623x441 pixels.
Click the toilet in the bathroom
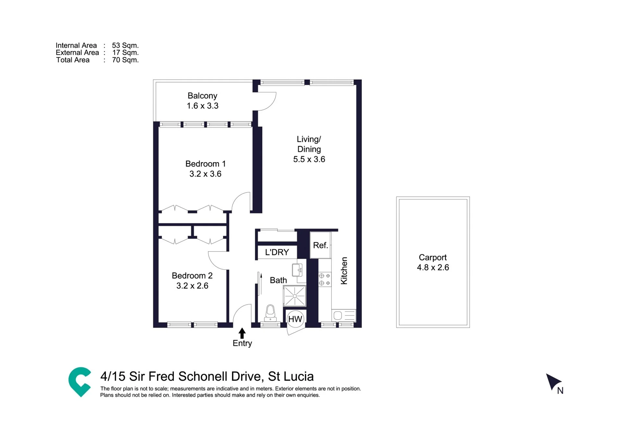pyautogui.click(x=270, y=313)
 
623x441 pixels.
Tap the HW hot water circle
pyautogui.click(x=295, y=319)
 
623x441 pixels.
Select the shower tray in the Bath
pyautogui.click(x=294, y=296)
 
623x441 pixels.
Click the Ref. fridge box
pyautogui.click(x=320, y=245)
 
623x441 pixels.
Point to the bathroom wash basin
pyautogui.click(x=297, y=270)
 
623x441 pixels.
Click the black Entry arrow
pyautogui.click(x=242, y=333)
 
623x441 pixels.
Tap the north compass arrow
pyautogui.click(x=553, y=382)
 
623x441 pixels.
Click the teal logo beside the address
pyautogui.click(x=80, y=382)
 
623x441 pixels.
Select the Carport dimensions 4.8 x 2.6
pyautogui.click(x=433, y=267)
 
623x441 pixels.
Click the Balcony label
pyautogui.click(x=202, y=96)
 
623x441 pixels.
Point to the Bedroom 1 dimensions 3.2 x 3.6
pyautogui.click(x=205, y=174)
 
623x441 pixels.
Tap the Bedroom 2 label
pyautogui.click(x=192, y=276)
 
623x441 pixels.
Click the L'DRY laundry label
pyautogui.click(x=277, y=252)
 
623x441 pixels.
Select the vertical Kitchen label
pyautogui.click(x=344, y=271)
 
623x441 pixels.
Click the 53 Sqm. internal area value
pyautogui.click(x=125, y=45)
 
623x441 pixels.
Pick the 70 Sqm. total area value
pyautogui.click(x=125, y=60)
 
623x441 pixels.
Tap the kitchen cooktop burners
pyautogui.click(x=325, y=279)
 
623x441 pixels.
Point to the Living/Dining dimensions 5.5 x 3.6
pyautogui.click(x=309, y=159)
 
